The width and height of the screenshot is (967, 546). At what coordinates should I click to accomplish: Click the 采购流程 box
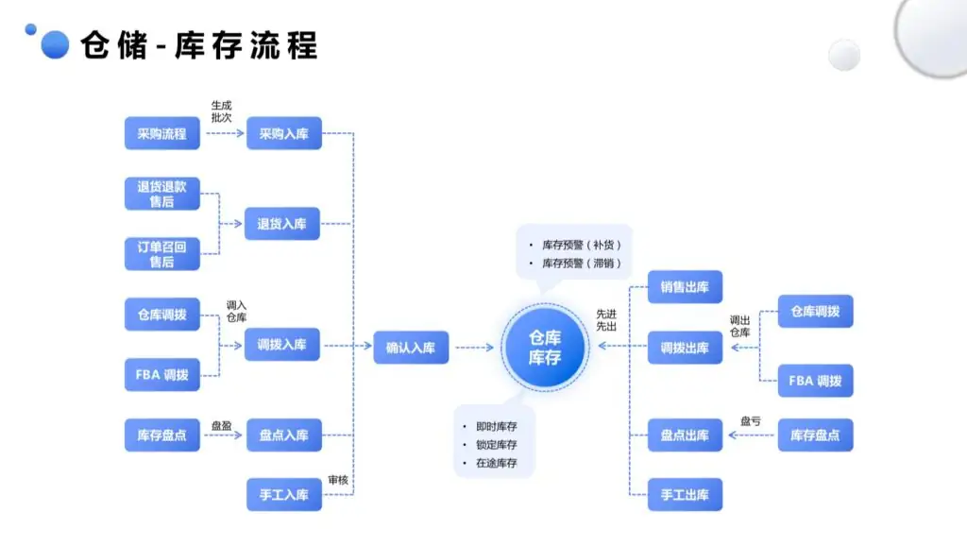coord(161,133)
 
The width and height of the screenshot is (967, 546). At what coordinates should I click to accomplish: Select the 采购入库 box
coord(283,133)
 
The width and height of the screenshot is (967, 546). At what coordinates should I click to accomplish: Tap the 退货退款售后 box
coord(161,195)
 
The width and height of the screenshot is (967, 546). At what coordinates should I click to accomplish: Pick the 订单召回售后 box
coord(161,254)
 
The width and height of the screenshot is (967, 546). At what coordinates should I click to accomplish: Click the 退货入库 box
coord(283,224)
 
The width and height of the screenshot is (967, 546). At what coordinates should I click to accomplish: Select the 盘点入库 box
coord(283,435)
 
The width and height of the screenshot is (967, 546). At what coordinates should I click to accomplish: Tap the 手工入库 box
coord(283,494)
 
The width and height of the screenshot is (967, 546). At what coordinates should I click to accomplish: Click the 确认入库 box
coord(411,347)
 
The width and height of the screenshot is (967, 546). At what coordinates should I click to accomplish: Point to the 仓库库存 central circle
coord(545,347)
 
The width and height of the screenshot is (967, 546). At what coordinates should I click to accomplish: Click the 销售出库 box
coord(685,286)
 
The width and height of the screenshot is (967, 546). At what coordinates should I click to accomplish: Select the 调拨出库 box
coord(685,347)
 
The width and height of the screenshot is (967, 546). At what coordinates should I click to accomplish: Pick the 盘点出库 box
coord(685,435)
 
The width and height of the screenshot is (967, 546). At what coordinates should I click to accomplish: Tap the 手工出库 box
coord(685,494)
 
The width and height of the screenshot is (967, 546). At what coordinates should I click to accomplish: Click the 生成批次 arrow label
coord(221,111)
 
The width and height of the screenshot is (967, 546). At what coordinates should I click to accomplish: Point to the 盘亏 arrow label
coord(750,421)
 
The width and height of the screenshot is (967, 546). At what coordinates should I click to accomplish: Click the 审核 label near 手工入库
coord(337,480)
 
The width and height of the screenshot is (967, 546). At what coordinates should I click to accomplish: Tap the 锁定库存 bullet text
coord(496,444)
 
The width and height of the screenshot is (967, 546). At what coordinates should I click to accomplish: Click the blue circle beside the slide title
coord(56,44)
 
